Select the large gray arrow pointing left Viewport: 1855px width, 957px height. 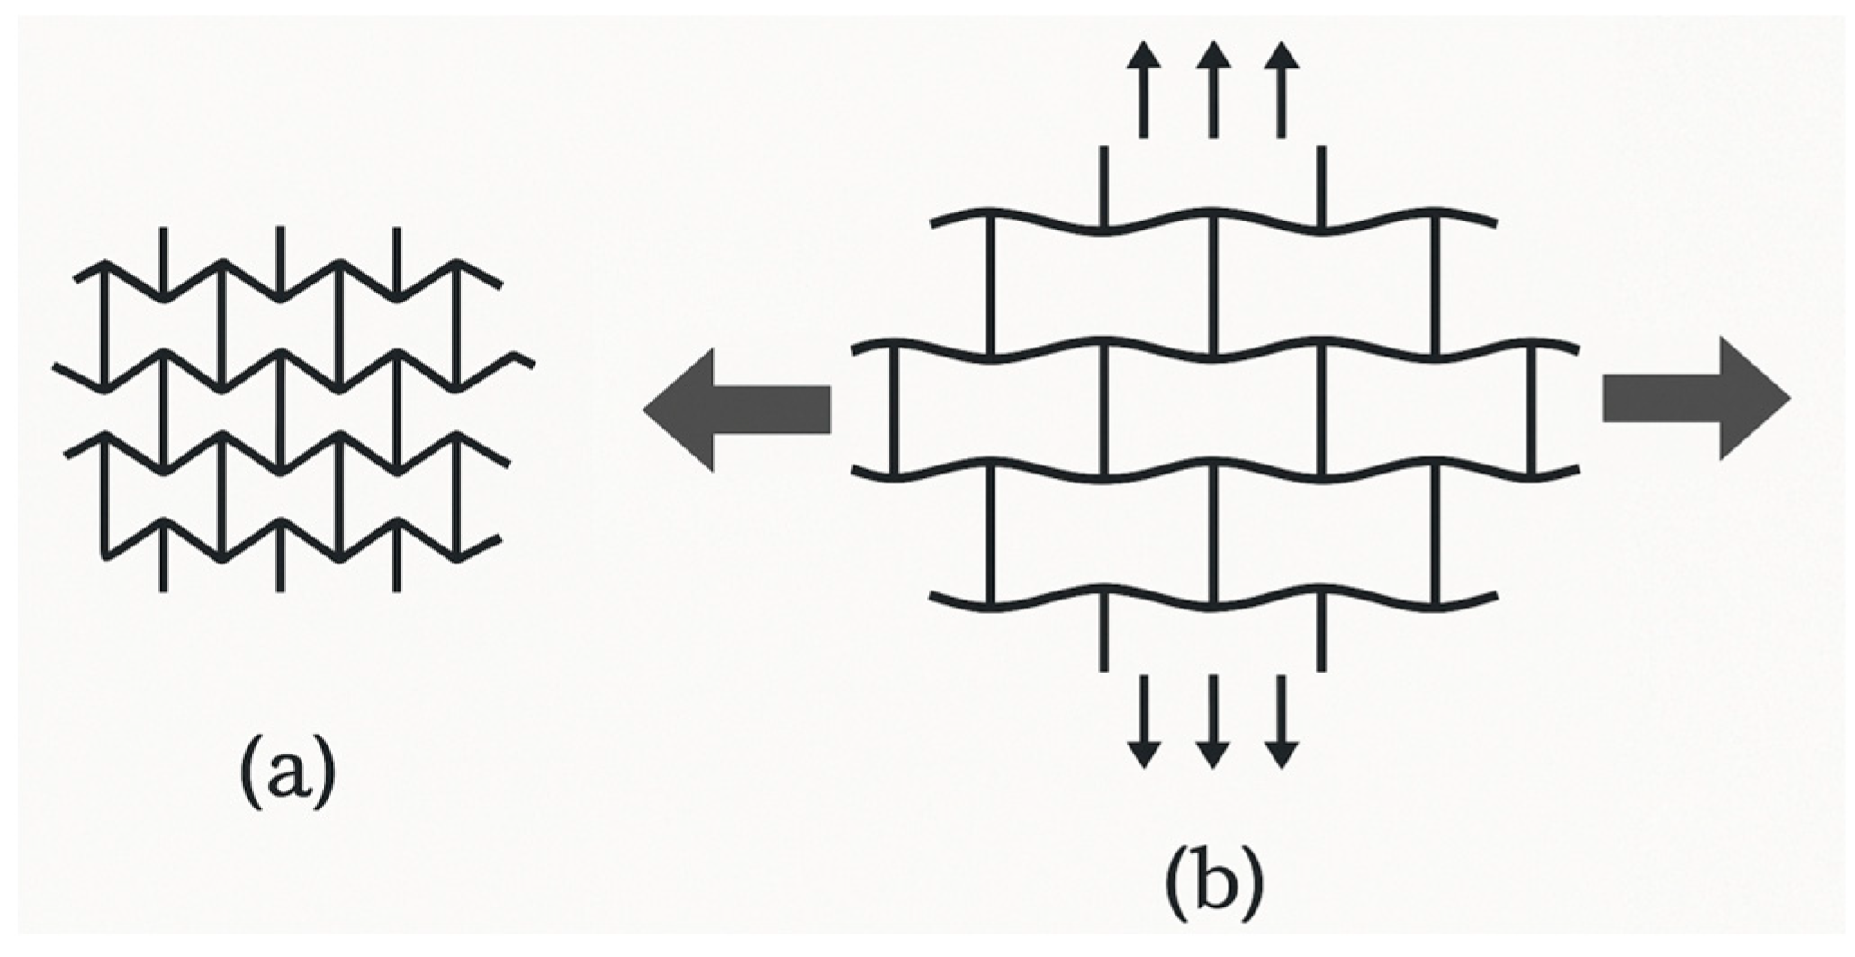tap(736, 410)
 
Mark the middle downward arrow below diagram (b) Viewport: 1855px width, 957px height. tap(1212, 720)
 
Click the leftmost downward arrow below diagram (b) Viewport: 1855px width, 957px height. tap(1144, 720)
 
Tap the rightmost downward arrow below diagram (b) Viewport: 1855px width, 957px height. tap(1282, 720)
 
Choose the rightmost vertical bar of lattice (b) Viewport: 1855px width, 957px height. tap(1533, 410)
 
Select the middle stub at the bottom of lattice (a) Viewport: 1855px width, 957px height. tap(281, 563)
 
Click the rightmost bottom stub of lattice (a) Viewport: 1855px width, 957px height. tap(397, 563)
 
